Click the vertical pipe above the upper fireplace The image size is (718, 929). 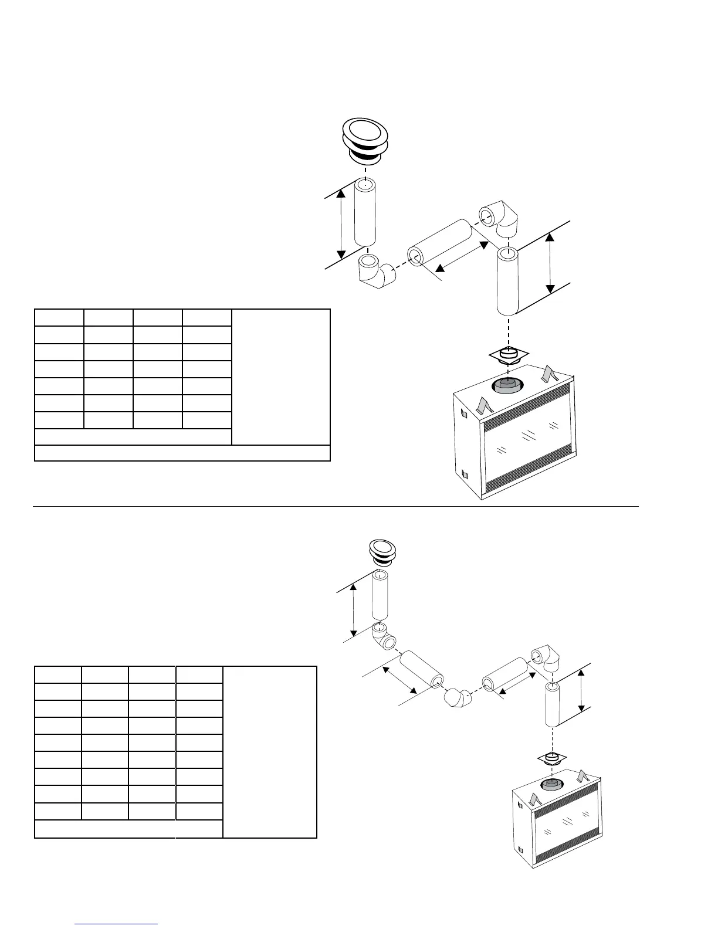click(507, 282)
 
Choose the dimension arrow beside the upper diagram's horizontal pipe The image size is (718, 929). click(463, 258)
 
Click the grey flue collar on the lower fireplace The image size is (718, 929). click(550, 785)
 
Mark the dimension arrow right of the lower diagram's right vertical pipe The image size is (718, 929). click(581, 690)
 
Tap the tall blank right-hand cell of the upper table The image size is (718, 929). click(280, 377)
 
